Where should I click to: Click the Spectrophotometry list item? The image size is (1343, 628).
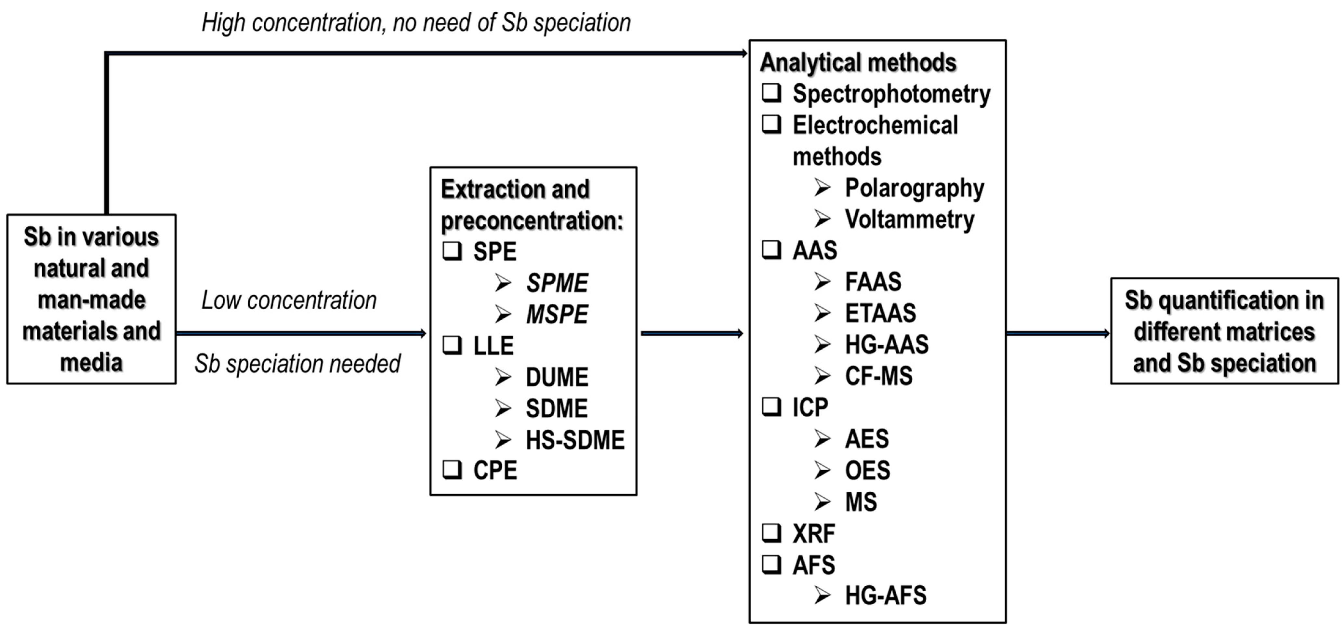891,94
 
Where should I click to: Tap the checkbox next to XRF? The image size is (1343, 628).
771,533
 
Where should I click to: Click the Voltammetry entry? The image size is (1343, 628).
909,220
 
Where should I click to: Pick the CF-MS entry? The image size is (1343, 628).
878,376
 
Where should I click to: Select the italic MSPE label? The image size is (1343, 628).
557,314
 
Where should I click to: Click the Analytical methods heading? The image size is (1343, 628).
858,62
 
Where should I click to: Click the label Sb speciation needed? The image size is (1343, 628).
297,364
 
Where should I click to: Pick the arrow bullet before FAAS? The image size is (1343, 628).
822,282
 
